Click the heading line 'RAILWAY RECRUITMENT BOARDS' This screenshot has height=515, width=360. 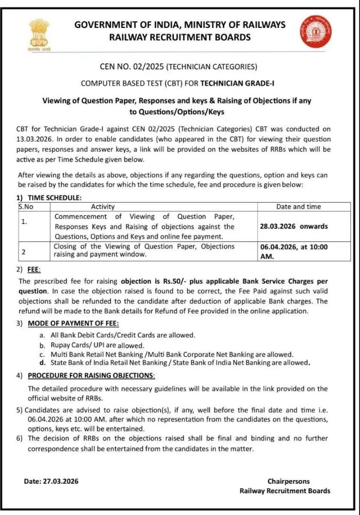point(180,37)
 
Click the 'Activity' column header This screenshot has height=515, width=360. point(103,206)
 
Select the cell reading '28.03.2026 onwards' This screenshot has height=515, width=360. point(293,226)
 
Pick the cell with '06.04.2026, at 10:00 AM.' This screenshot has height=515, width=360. point(293,251)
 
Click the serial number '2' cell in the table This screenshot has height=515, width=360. point(23,251)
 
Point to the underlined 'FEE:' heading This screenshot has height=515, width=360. point(34,269)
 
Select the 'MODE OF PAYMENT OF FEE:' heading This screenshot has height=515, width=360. point(73,323)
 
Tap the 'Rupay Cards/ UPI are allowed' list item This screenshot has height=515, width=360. point(97,345)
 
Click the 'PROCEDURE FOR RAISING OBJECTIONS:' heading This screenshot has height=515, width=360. point(91,375)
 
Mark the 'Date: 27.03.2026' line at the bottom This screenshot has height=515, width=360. point(51,481)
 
